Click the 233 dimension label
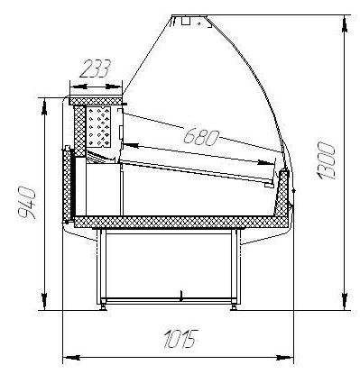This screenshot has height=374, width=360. tap(96, 68)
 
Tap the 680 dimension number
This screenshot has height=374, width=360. tap(201, 138)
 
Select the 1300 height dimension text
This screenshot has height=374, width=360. tap(326, 160)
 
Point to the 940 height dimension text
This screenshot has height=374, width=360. tap(27, 203)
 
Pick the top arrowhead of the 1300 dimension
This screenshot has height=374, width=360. tap(345, 24)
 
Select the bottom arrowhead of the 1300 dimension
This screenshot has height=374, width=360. tap(345, 299)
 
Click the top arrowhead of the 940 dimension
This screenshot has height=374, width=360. tap(44, 107)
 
